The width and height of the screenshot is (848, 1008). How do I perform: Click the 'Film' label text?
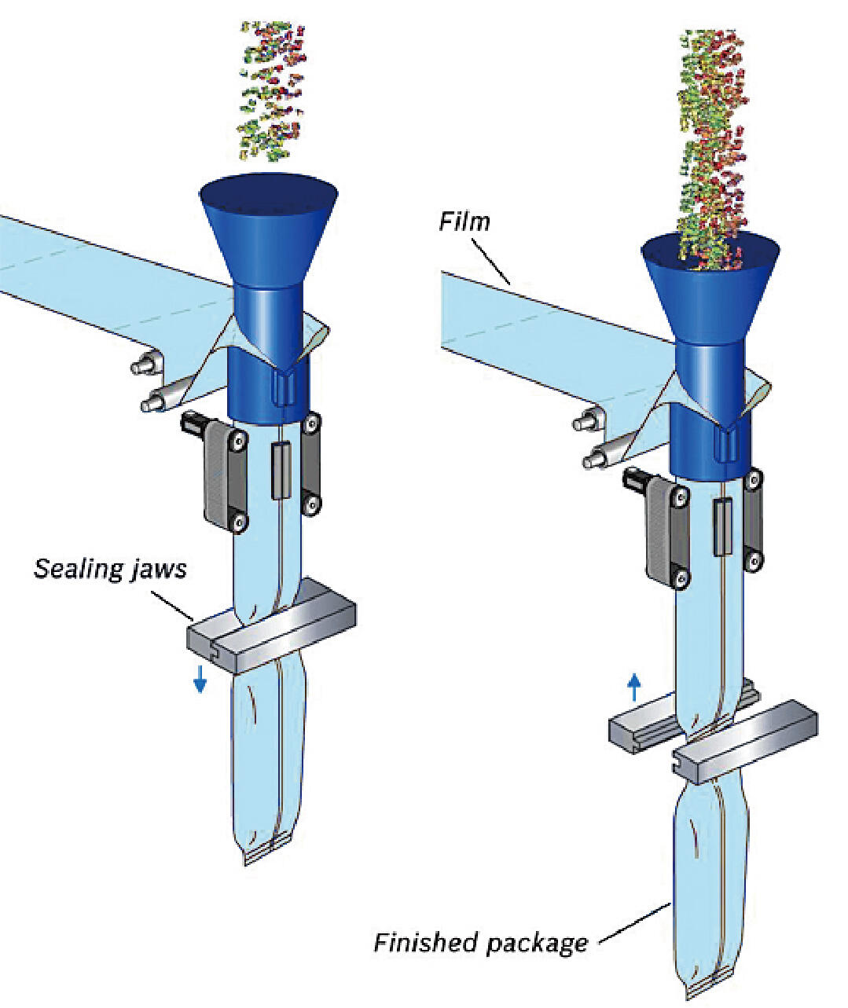(464, 221)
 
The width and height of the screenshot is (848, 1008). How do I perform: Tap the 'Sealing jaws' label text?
(110, 567)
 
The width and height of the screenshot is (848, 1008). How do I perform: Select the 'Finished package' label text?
(480, 941)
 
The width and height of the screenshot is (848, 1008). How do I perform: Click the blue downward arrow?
(200, 678)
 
